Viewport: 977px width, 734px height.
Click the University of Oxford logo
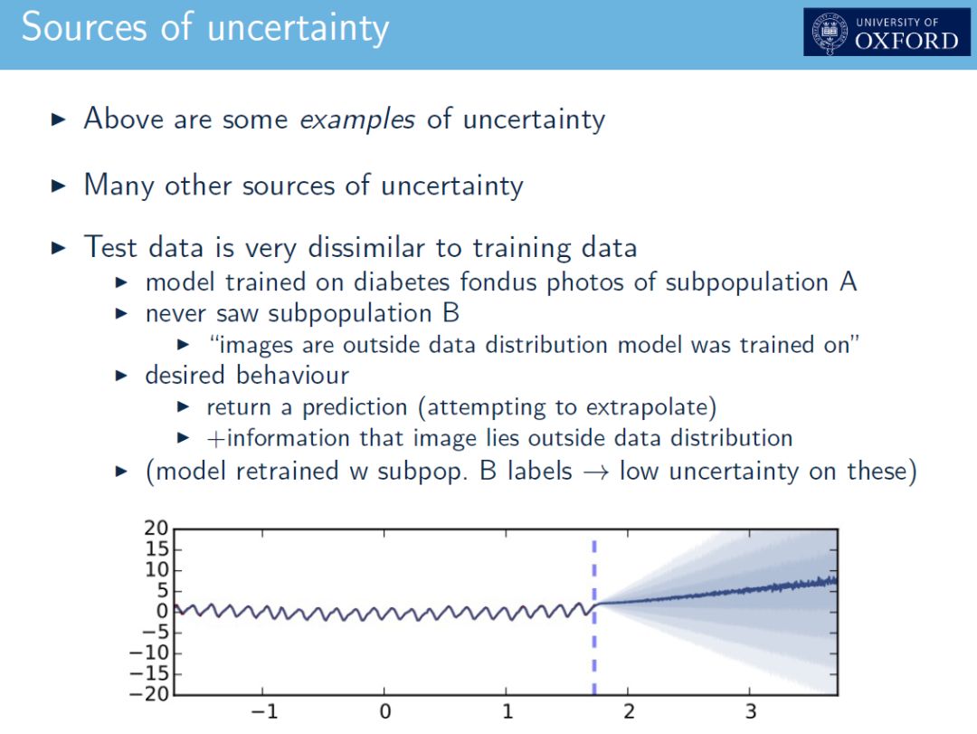[x=887, y=32]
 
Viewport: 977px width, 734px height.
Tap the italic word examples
[x=357, y=119]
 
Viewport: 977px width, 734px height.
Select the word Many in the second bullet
[x=119, y=186]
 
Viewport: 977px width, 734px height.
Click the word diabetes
[x=402, y=281]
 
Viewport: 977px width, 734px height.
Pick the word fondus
[x=498, y=281]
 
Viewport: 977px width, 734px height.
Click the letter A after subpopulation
[x=848, y=281]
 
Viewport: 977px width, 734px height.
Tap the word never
[x=175, y=314]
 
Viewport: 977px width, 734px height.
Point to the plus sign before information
[x=215, y=438]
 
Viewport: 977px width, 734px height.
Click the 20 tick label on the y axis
[x=156, y=529]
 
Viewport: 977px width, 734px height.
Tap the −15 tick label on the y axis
[x=149, y=673]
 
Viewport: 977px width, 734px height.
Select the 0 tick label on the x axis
[x=385, y=711]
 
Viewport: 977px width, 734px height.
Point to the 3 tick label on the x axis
[x=751, y=711]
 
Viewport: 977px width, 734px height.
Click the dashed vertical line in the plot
[x=594, y=616]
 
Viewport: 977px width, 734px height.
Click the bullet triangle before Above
[x=58, y=119]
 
